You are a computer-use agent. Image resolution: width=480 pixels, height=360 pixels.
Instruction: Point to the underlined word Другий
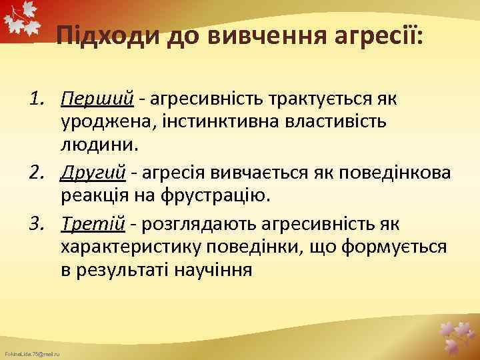pyautogui.click(x=93, y=173)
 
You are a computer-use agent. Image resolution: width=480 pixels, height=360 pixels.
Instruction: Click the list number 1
pyautogui.click(x=38, y=99)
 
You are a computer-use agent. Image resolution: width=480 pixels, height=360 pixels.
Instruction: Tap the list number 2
pyautogui.click(x=38, y=173)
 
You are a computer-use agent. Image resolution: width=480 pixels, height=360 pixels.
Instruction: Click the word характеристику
pyautogui.click(x=131, y=248)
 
